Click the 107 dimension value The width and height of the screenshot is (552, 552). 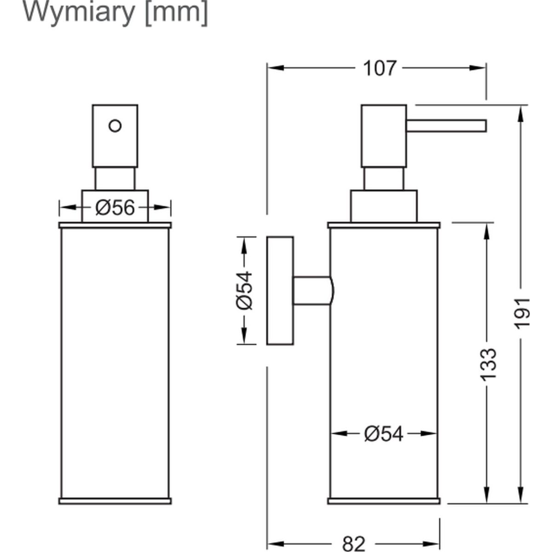379,68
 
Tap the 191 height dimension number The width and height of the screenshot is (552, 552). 523,313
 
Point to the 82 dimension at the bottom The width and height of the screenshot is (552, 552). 354,544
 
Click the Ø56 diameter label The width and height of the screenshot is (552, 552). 115,208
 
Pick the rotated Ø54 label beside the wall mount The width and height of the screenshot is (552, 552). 244,290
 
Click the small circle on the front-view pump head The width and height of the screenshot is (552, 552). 115,125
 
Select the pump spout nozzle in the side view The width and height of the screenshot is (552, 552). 446,126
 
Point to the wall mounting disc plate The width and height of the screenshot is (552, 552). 280,290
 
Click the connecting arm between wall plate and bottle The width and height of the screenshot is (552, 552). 312,291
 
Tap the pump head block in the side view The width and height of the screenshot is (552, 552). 384,136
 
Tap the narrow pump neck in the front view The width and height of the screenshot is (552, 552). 115,178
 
